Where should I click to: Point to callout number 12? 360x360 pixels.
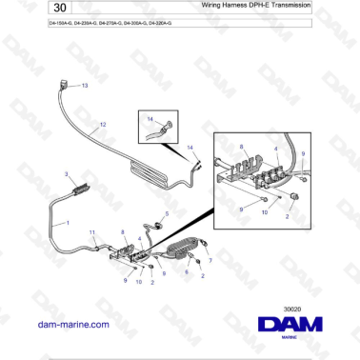(x=103, y=125)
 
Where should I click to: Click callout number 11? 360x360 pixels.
(x=92, y=233)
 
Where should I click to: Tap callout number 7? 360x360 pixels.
(x=210, y=259)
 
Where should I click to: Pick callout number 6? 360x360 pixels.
(x=187, y=271)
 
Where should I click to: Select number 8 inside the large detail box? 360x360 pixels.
(x=242, y=148)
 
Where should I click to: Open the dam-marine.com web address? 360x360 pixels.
(x=70, y=325)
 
